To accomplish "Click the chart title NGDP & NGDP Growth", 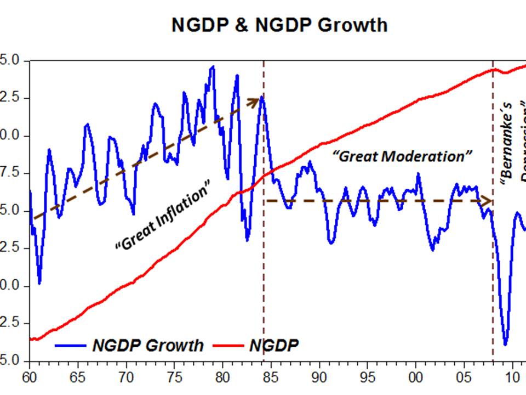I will coord(279,25).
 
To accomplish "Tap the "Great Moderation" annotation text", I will coord(403,156).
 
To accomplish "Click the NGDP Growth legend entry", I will coord(129,346).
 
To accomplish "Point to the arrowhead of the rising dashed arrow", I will coord(254,101).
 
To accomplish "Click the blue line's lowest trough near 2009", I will coord(505,344).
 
